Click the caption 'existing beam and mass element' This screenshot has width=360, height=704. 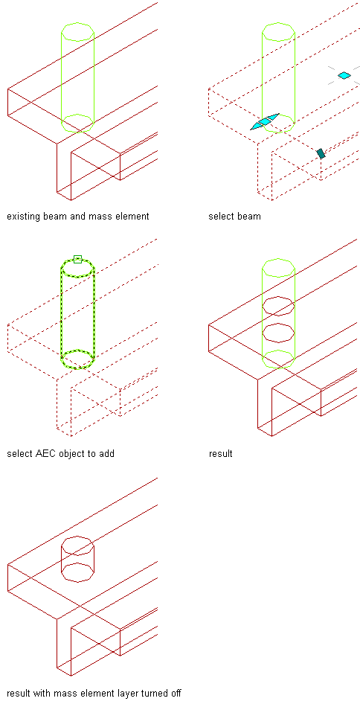coord(77,217)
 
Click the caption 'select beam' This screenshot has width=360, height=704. coord(235,217)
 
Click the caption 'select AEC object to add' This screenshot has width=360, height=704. coord(60,453)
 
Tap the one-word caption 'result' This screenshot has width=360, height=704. coord(221,453)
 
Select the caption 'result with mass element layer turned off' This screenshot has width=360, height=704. coord(94,693)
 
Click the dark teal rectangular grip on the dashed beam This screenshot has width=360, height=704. coord(321,153)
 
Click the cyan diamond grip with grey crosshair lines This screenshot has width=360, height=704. coord(344,75)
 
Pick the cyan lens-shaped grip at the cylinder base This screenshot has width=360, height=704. coord(265,121)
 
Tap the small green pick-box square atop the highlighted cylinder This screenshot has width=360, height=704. coord(77,259)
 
